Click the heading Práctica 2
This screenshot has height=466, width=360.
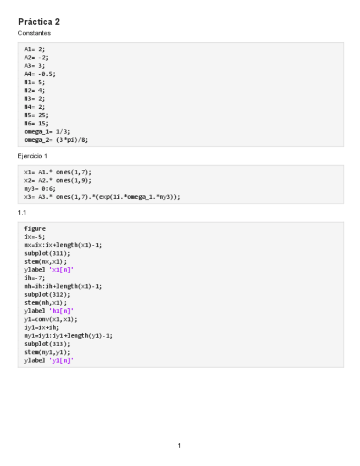pyautogui.click(x=39, y=22)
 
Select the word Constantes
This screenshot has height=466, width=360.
pyautogui.click(x=34, y=34)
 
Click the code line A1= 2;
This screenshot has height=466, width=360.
pyautogui.click(x=35, y=49)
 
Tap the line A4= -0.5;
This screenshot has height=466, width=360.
pyautogui.click(x=40, y=74)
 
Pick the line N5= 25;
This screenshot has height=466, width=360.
pyautogui.click(x=36, y=115)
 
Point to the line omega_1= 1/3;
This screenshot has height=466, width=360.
pyautogui.click(x=47, y=131)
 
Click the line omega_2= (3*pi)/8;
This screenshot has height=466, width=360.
pyautogui.click(x=56, y=140)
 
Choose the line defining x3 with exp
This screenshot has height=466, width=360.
pyautogui.click(x=102, y=196)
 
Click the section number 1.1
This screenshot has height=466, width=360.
pyautogui.click(x=22, y=213)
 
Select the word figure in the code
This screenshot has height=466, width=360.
pyautogui.click(x=35, y=229)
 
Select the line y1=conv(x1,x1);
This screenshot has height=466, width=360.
pyautogui.click(x=51, y=319)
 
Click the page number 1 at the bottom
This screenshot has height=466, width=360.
pyautogui.click(x=179, y=446)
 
